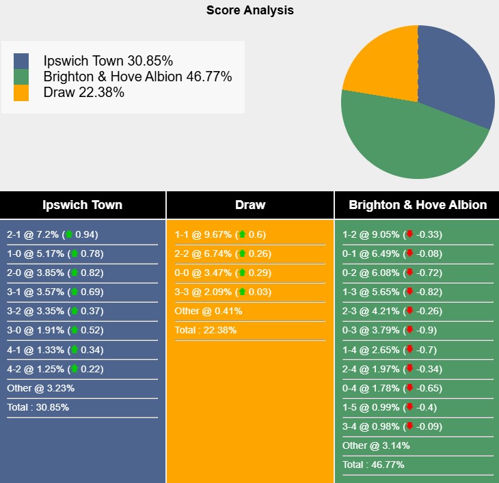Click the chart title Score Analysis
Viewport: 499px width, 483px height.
click(249, 10)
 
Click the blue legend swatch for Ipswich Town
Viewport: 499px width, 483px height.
click(21, 60)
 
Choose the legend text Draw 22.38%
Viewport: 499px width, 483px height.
click(83, 93)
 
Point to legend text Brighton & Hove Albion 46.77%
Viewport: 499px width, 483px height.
click(137, 77)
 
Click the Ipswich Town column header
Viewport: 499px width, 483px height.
click(82, 205)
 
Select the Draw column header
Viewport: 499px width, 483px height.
click(249, 205)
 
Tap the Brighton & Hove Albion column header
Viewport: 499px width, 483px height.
click(418, 205)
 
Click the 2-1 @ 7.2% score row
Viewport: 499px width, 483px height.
click(53, 234)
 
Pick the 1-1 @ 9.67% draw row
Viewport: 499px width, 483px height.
click(220, 234)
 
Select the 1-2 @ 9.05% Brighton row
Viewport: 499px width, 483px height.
click(392, 234)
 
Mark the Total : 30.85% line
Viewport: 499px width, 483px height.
click(38, 407)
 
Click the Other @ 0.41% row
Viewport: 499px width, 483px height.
click(208, 311)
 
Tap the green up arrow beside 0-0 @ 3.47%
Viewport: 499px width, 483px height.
click(241, 273)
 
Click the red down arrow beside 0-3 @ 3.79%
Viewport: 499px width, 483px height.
click(409, 331)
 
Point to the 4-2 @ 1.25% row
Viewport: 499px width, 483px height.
click(55, 369)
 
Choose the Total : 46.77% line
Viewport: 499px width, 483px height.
click(373, 465)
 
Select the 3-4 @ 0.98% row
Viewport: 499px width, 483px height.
click(392, 426)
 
